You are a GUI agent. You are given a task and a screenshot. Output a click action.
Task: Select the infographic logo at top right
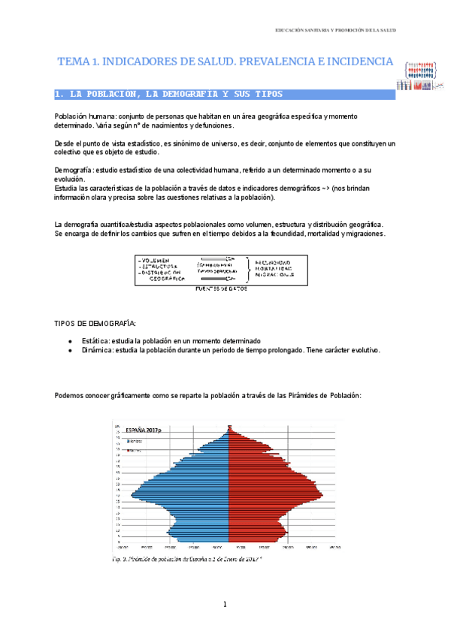click(x=419, y=76)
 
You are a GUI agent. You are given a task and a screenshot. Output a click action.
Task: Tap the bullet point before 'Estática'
click(x=70, y=341)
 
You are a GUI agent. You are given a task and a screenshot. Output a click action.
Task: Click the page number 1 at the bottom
click(x=225, y=605)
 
